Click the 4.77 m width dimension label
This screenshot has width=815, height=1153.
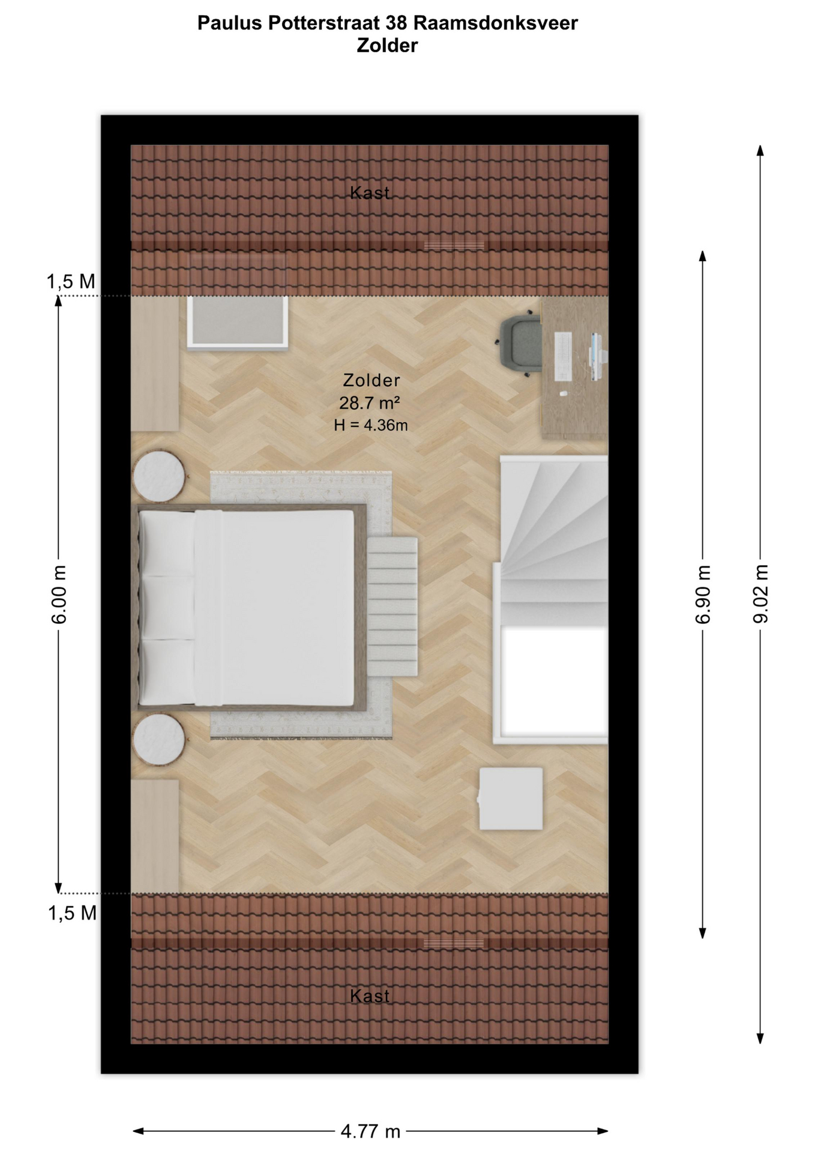370,1131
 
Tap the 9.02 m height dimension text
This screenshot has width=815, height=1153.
761,594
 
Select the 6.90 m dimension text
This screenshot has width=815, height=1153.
703,594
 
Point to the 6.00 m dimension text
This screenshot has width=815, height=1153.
58,594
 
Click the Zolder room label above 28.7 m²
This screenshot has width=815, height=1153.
371,380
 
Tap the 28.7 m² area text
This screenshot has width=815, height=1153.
370,402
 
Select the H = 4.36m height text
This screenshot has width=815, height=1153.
371,425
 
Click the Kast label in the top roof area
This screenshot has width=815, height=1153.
370,193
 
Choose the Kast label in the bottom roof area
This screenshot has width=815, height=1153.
370,996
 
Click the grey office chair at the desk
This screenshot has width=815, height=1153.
520,343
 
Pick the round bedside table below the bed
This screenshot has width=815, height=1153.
159,739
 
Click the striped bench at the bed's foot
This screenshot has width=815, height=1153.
392,606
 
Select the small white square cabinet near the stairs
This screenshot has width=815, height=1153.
511,799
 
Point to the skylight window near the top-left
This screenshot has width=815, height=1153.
238,322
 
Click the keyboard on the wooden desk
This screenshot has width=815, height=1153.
563,357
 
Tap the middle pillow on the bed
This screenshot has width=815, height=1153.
167,608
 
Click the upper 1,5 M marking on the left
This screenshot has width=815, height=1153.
71,282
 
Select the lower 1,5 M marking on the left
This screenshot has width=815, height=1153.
73,913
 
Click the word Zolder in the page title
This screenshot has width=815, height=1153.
387,46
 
